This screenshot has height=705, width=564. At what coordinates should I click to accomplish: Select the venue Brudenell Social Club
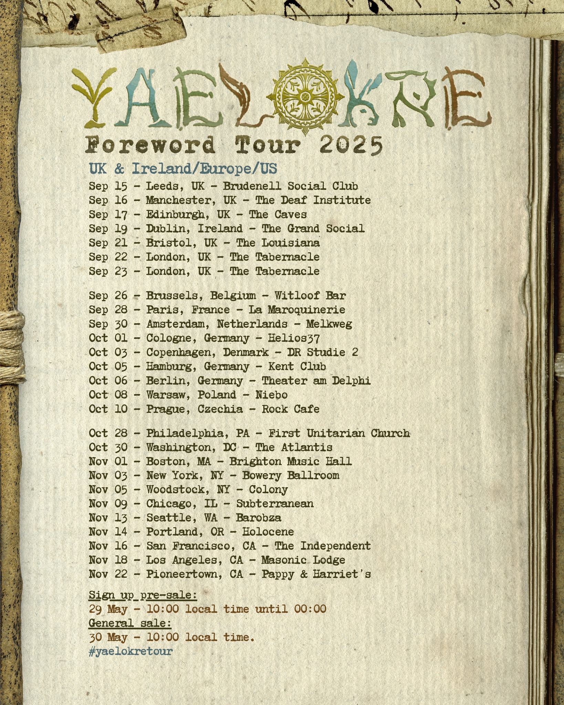tap(290, 186)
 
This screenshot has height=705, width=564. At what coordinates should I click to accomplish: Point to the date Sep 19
tap(108, 229)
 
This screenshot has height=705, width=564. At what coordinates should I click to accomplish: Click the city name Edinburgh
tap(175, 214)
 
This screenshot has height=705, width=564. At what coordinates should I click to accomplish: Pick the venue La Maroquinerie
tap(297, 310)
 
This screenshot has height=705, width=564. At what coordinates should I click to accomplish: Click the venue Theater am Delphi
tap(316, 381)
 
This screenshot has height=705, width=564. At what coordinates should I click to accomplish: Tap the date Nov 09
tap(108, 504)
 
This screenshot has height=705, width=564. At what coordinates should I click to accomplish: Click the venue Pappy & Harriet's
tap(316, 574)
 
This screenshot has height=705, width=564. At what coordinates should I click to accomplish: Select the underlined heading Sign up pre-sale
tap(143, 595)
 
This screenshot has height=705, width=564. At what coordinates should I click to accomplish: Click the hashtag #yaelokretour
tap(130, 651)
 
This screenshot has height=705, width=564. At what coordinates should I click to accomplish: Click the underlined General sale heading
tap(130, 623)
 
